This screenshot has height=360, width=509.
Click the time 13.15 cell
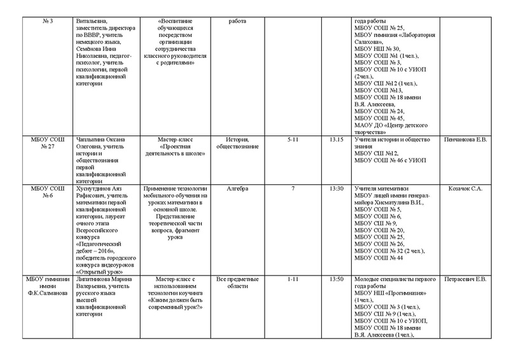coord(337,139)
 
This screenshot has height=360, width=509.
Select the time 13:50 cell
coord(337,279)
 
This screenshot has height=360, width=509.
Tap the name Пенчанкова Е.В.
coord(465,139)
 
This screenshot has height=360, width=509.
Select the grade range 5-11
coord(293,139)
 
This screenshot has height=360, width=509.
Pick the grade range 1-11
coord(293,279)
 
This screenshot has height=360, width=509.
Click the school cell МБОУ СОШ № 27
coord(44,142)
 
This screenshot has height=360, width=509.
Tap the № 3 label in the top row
coord(44,21)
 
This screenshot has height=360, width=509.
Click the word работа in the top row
coord(236,21)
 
